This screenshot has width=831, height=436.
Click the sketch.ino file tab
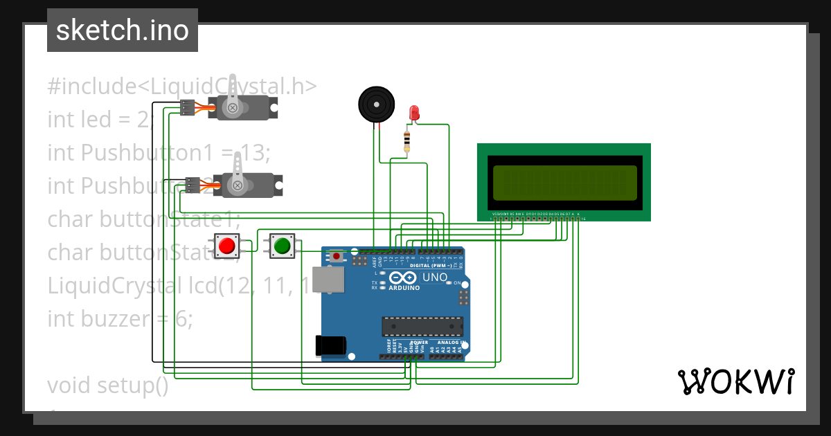pyautogui.click(x=122, y=30)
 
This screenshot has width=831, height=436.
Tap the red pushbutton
pyautogui.click(x=226, y=246)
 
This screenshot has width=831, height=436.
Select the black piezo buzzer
pyautogui.click(x=376, y=105)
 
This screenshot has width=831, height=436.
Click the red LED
pyautogui.click(x=414, y=112)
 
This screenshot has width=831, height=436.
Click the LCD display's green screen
pyautogui.click(x=563, y=182)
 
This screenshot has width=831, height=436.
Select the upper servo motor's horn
pyautogui.click(x=234, y=97)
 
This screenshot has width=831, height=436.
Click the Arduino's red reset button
pyautogui.click(x=337, y=256)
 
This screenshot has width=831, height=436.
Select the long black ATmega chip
pyautogui.click(x=422, y=326)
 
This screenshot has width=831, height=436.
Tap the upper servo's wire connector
pyautogui.click(x=187, y=107)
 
